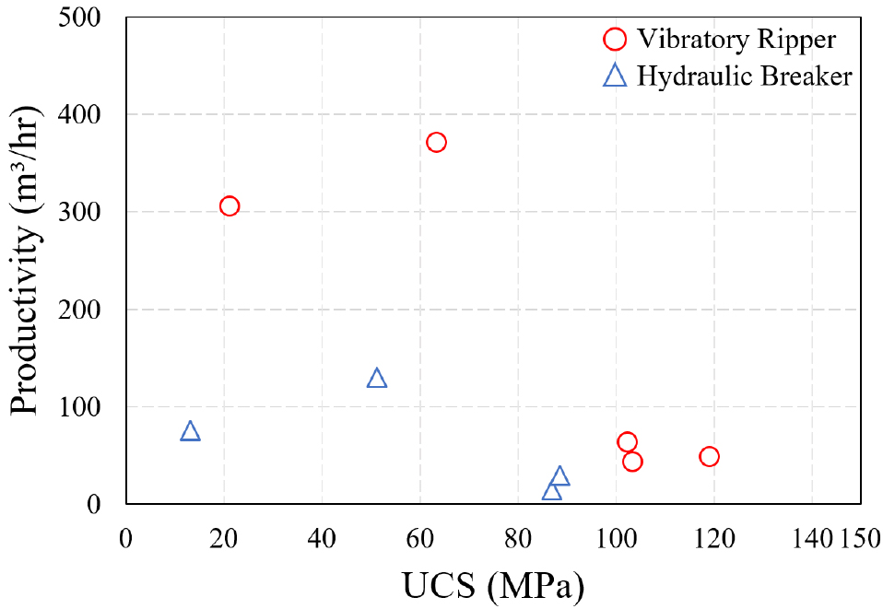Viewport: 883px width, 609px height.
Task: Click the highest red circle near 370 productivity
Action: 436,142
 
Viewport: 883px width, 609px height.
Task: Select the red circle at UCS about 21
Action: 230,205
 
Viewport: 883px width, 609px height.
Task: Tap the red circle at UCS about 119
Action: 709,456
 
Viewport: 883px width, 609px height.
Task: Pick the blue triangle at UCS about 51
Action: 376,378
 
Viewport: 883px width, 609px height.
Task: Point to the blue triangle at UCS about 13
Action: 190,431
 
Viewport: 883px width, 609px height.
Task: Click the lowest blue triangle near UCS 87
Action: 551,491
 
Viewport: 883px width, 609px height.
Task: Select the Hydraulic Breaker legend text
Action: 745,76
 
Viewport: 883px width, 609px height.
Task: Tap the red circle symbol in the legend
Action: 615,40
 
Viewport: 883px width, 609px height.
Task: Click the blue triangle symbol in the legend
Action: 615,76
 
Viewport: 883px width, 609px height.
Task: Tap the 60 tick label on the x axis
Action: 419,535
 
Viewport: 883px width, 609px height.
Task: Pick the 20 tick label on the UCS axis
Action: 224,535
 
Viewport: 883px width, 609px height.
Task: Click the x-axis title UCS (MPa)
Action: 493,583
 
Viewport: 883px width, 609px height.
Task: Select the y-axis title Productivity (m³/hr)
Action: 27,261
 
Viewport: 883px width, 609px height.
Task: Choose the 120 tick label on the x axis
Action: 713,535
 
